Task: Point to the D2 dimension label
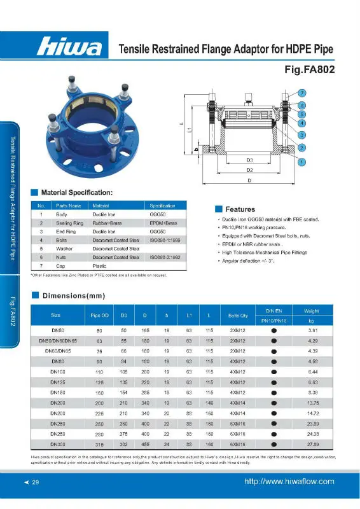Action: [251, 171]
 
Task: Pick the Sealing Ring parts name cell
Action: [69, 223]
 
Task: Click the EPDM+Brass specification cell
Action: [162, 223]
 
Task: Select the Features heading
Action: [240, 209]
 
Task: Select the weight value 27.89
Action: [313, 443]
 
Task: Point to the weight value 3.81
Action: [313, 331]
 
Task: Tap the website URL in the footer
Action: [289, 482]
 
